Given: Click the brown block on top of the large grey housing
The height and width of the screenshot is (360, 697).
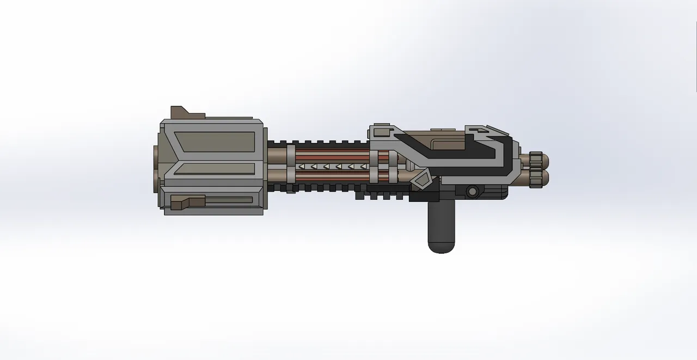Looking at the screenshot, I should coord(184,112).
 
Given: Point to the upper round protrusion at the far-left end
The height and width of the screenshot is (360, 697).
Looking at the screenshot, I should coord(156,155).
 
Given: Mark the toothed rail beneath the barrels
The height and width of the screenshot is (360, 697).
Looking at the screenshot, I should coord(321,188).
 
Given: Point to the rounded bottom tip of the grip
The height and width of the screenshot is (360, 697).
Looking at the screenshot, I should coord(441,248).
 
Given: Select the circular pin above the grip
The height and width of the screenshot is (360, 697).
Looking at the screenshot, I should coord(472,191).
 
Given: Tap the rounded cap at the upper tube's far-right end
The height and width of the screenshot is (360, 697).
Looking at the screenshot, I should coord(546,161).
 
